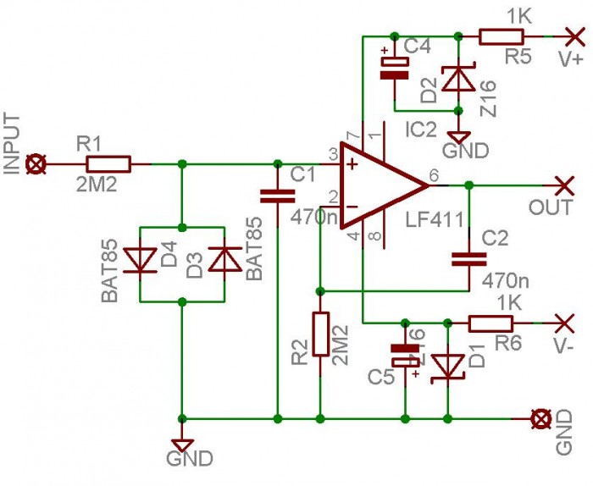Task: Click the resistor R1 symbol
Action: (x=108, y=164)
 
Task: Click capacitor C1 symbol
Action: (x=276, y=196)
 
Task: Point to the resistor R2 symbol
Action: (x=320, y=334)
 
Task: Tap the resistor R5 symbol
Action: (x=502, y=36)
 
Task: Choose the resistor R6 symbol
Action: (x=490, y=323)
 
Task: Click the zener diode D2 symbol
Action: (x=458, y=78)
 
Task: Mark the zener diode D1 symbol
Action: (x=446, y=367)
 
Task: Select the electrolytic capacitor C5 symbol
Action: (x=406, y=356)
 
